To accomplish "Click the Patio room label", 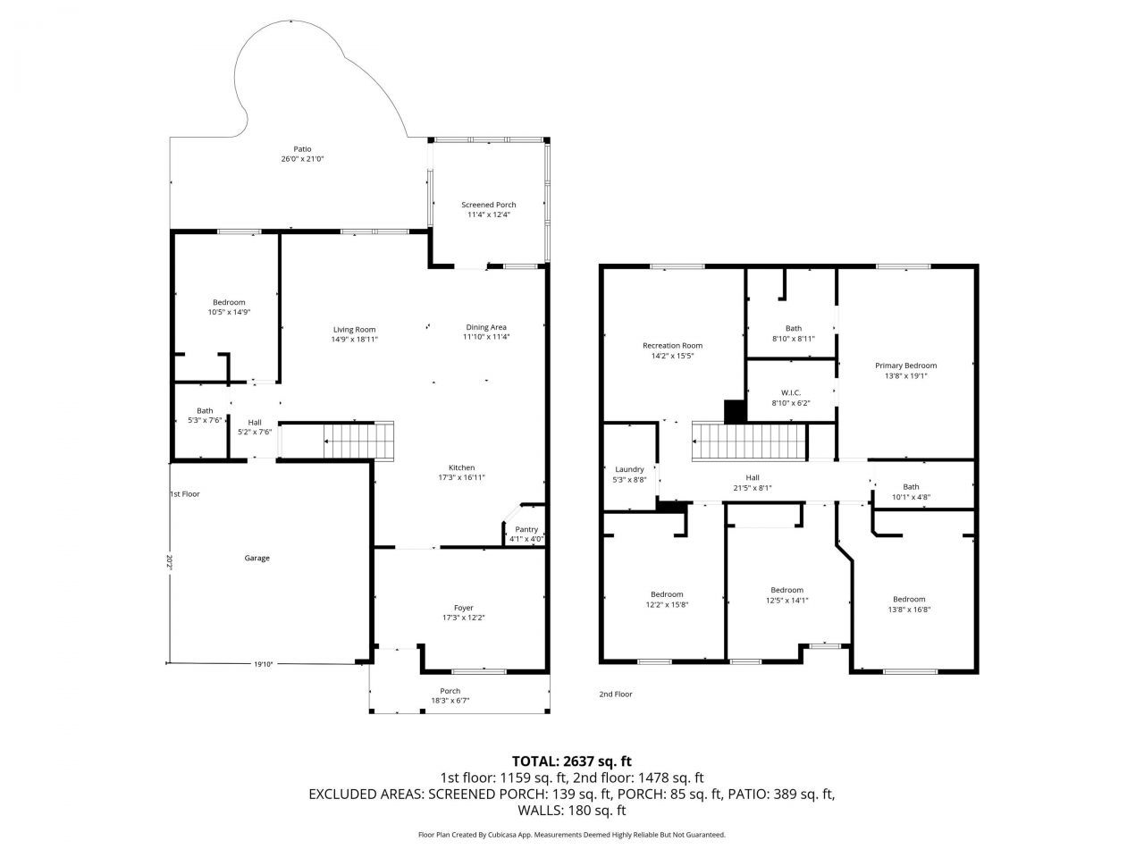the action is (302, 149).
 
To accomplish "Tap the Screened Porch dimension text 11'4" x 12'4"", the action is (488, 214).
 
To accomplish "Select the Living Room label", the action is (355, 330).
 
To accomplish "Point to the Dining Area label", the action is (485, 327).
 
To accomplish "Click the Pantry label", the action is (526, 529).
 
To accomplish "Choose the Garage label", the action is (257, 558).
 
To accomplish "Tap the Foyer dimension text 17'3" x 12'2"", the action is (463, 618).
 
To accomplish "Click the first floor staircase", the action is (358, 442).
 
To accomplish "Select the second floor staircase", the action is (749, 442).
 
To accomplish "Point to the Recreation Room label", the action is (672, 345).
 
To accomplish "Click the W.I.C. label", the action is (791, 392).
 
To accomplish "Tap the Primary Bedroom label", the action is (906, 366).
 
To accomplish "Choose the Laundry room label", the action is (629, 469).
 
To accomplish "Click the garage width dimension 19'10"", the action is (264, 664).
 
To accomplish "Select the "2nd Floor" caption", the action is (616, 694).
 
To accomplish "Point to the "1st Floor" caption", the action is (185, 494).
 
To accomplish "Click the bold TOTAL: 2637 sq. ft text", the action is (572, 761).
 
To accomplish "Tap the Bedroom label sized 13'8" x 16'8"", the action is (909, 599).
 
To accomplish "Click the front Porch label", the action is (450, 691).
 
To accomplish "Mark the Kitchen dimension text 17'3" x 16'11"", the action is (461, 477).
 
